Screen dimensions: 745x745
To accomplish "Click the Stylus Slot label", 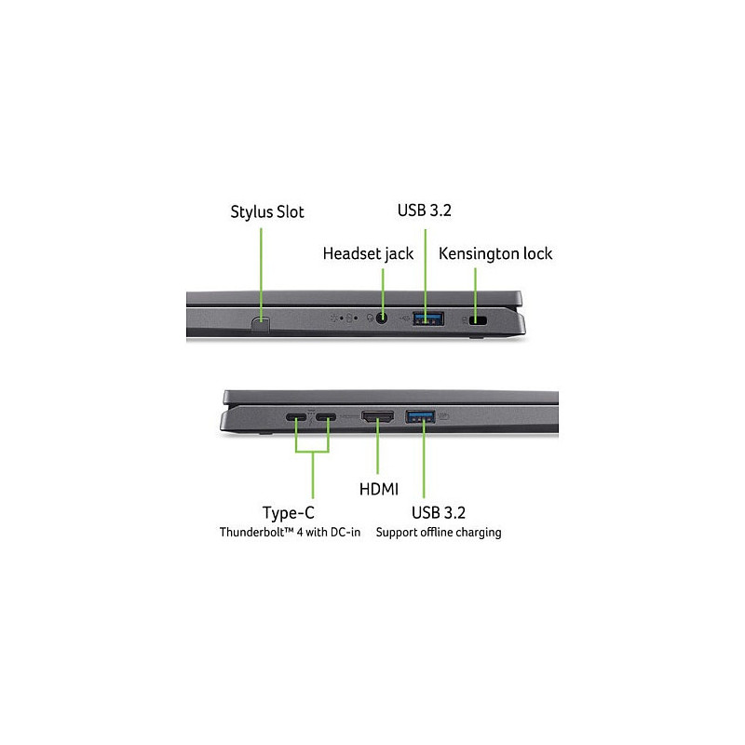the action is coord(267,212).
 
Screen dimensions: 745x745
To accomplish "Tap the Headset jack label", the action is coord(368,253).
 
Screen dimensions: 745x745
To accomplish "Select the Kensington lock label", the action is coord(495,253).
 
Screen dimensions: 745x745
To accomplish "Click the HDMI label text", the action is coord(379,489).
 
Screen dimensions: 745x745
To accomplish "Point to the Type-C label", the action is coord(289,513).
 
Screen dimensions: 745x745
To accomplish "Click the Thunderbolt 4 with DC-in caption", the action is coord(290,532).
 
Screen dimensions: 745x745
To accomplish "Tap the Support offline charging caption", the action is coord(439,532).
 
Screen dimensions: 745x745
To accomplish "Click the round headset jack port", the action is coord(382,318).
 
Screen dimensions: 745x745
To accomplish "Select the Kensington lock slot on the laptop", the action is coord(478,320).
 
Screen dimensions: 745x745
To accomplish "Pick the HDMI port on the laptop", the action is coord(378,416).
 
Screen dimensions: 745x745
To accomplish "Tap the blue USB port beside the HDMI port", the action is coord(421,416).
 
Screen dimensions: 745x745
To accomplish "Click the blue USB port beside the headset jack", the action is coord(428,318).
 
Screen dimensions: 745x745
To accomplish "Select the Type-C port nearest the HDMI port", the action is coord(325,417).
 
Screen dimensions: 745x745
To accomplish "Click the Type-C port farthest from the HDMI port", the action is coord(296,417).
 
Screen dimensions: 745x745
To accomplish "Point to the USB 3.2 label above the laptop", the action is coord(425,210).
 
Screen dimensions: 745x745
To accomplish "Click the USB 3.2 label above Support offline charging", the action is coord(439,513).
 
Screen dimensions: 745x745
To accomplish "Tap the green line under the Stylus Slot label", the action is coord(261,273).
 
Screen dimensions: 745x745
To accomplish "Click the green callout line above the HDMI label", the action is coord(378,446).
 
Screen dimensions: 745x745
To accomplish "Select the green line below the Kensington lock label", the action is coord(475,292).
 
